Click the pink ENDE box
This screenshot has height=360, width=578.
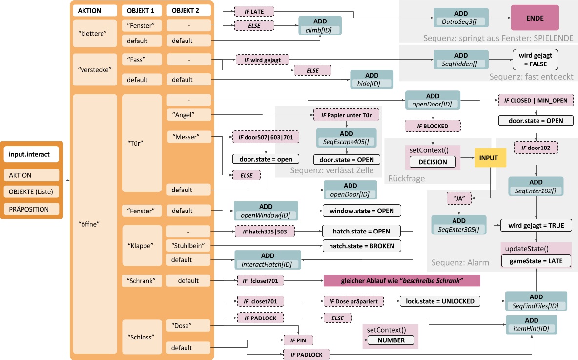(535, 18)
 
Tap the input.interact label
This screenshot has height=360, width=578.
(32, 155)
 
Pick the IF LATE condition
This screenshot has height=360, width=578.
(254, 11)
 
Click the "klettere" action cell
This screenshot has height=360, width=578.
(94, 33)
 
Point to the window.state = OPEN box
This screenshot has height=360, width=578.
(361, 211)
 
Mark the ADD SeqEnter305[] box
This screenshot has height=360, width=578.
(458, 225)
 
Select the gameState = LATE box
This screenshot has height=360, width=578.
(536, 261)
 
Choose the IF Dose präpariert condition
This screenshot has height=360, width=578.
(353, 301)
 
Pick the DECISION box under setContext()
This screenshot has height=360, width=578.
(433, 161)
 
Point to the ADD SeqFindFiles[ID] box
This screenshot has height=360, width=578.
(536, 301)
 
